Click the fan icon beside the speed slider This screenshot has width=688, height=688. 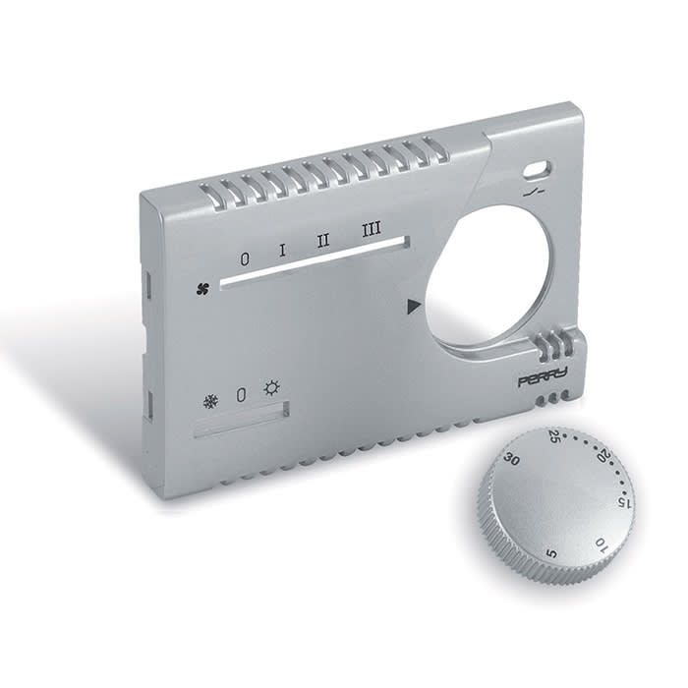[202, 289]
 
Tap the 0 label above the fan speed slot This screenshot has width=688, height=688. [245, 258]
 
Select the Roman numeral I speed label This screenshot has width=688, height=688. [282, 250]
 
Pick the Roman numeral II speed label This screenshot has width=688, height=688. [322, 241]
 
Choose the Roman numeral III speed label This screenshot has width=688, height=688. [371, 231]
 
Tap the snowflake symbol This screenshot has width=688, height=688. [209, 401]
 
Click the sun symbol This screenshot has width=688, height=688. [271, 388]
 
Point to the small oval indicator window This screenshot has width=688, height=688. [536, 168]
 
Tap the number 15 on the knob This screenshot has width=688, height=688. [622, 501]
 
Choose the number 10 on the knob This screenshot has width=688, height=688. [601, 542]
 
